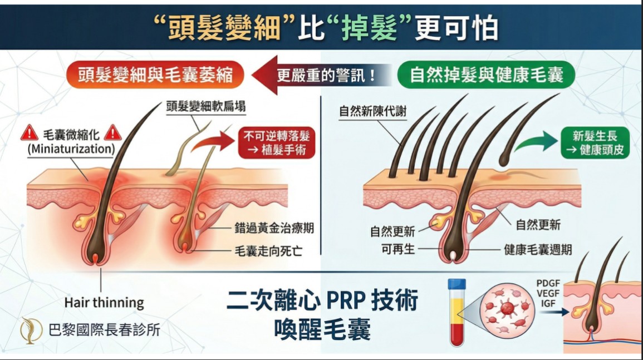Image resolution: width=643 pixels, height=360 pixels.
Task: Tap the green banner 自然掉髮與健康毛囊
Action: (487, 75)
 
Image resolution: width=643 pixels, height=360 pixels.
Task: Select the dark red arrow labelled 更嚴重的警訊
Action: (320, 75)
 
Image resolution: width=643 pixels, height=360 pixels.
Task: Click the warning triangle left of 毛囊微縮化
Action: (29, 134)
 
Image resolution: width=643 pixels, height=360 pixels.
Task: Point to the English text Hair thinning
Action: (104, 303)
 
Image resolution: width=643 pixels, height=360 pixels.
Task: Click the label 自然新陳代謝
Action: (372, 111)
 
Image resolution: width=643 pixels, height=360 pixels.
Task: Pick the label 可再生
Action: (398, 249)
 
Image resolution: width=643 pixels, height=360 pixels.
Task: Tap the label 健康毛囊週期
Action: (537, 249)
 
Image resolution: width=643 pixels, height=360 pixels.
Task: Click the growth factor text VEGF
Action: (547, 293)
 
